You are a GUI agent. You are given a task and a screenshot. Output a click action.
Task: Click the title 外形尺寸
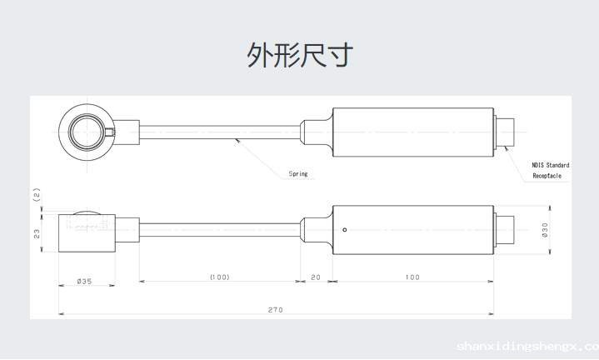point(300,55)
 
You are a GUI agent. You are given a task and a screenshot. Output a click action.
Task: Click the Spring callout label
point(298,174)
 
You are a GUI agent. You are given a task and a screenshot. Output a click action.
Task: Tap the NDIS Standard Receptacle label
point(550,171)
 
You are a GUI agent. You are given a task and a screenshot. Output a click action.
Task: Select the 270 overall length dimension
point(275,310)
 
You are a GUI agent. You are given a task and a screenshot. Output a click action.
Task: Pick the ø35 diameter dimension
point(84,282)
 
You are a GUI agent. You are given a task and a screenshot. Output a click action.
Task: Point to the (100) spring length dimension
point(219,277)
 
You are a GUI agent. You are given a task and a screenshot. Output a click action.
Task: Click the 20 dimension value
point(316,277)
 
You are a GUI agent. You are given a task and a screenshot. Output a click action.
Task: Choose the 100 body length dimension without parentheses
point(412,277)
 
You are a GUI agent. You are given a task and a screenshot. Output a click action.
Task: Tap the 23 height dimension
point(37,233)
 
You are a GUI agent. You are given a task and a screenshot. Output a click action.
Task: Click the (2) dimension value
point(37,195)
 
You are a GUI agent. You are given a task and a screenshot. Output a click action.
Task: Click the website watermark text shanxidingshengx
point(527,345)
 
